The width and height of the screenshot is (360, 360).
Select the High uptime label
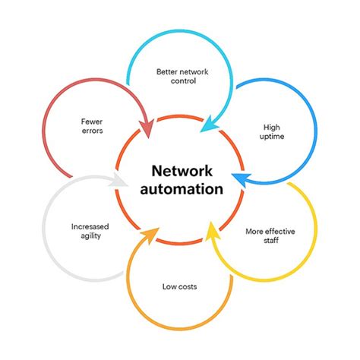tap(273, 131)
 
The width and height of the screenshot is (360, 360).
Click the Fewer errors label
tap(92, 125)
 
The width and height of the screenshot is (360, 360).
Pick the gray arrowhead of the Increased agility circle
tap(118, 182)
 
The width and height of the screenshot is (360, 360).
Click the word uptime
tap(273, 136)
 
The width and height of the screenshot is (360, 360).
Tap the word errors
tap(92, 131)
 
